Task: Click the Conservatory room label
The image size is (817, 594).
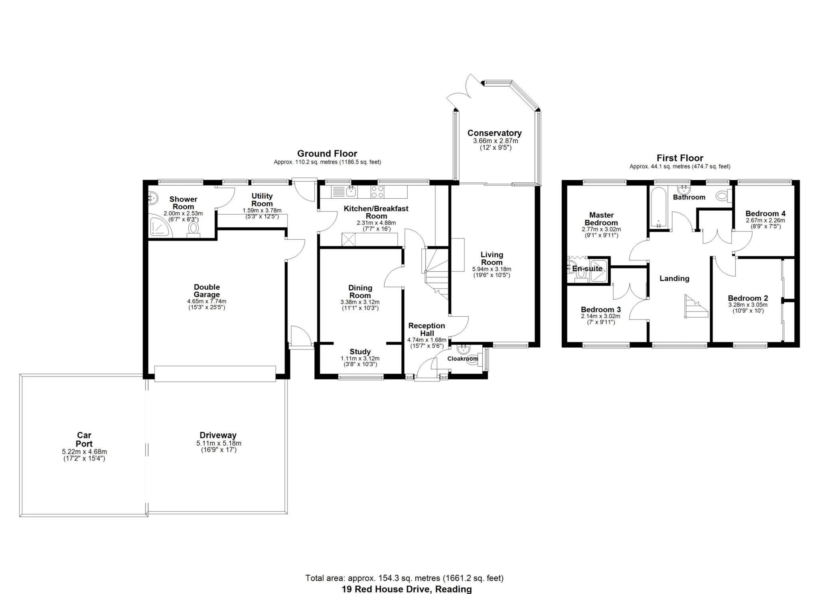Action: click(494, 133)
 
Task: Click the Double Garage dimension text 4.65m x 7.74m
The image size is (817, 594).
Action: click(207, 301)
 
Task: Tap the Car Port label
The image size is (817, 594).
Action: click(84, 439)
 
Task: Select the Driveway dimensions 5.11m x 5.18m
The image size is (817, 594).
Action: click(219, 443)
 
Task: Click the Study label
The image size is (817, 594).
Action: click(360, 351)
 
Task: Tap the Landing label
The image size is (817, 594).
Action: click(674, 278)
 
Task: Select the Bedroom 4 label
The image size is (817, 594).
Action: click(765, 213)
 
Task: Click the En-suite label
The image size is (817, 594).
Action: click(587, 268)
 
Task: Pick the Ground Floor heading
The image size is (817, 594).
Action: click(327, 154)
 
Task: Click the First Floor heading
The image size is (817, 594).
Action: click(680, 158)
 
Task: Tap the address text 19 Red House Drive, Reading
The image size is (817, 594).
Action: click(407, 589)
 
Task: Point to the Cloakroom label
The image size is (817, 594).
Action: click(462, 359)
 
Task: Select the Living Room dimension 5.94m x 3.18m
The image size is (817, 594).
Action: click(491, 269)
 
